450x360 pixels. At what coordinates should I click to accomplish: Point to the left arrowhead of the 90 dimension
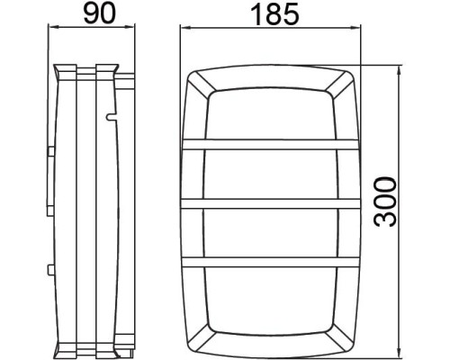(52, 26)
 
